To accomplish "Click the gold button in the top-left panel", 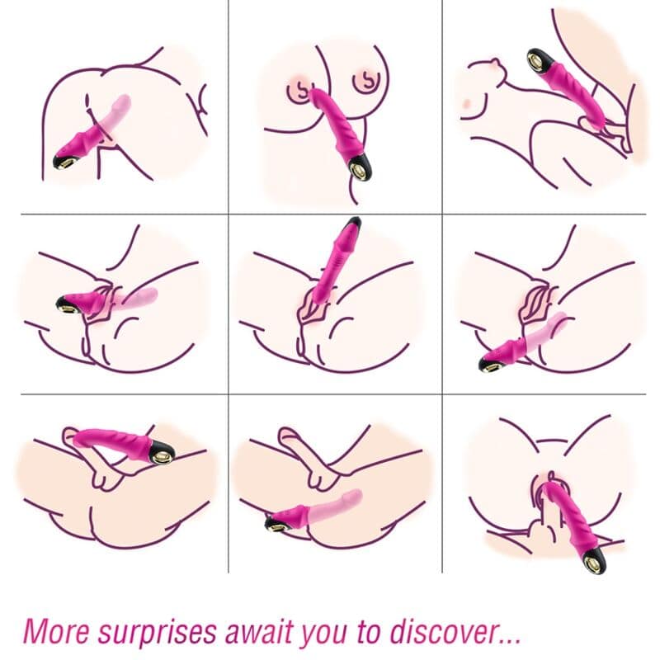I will (x=64, y=159).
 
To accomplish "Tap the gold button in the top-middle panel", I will (x=361, y=171).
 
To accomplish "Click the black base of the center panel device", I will (x=351, y=224).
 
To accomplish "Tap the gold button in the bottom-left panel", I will (x=163, y=450).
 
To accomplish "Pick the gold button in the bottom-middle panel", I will (x=273, y=522).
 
